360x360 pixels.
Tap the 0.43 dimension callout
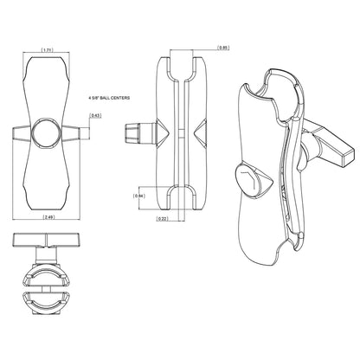coord(96,115)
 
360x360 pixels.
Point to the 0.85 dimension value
coord(223,48)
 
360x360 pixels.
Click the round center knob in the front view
coord(48,134)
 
